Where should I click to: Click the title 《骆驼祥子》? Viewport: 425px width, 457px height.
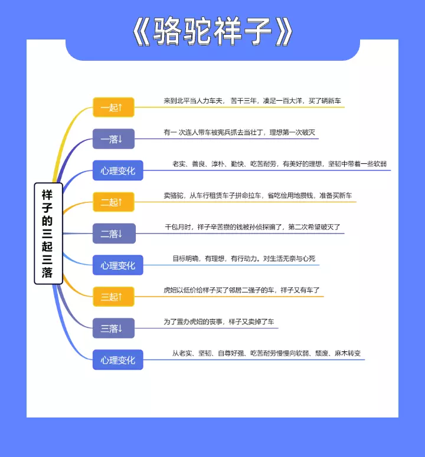[212, 31]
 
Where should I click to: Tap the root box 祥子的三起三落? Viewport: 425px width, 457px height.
[48, 233]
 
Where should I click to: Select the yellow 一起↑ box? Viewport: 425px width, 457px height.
[113, 107]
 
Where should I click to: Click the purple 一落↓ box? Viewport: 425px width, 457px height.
[113, 139]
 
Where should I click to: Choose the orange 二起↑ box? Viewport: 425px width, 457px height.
[113, 202]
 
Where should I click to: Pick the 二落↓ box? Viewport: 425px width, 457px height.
[113, 234]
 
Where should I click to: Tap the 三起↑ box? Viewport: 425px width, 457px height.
[113, 297]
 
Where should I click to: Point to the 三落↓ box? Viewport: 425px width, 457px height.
[113, 328]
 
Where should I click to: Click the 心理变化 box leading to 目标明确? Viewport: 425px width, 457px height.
[117, 265]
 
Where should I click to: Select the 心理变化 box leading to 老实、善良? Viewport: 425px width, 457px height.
[117, 171]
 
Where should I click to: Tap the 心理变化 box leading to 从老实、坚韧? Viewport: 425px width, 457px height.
[117, 360]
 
